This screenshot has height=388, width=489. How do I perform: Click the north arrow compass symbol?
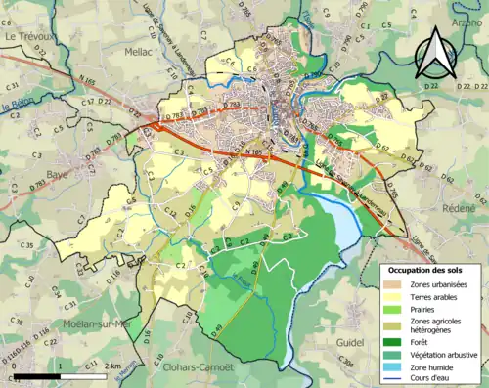436,53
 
